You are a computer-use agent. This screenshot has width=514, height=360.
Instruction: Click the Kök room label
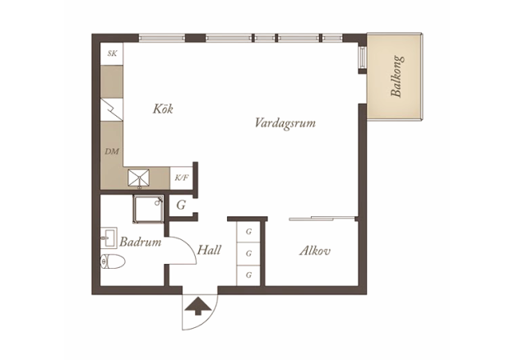[x=163, y=108]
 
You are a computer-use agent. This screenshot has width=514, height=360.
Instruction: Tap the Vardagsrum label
[x=285, y=123]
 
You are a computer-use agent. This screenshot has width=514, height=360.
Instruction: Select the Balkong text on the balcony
[x=396, y=76]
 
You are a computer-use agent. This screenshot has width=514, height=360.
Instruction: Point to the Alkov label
[x=315, y=251]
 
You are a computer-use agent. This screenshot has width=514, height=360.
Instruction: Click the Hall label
[x=209, y=250]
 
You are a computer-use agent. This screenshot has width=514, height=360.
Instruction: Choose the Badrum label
[x=141, y=242]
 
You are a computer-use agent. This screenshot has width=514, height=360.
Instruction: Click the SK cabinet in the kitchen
[x=112, y=53]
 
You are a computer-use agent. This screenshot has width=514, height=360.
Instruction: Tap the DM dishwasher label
[x=112, y=151]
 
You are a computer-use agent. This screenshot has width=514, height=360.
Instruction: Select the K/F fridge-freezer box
[x=181, y=178]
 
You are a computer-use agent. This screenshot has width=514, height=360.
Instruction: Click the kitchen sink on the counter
[x=139, y=178]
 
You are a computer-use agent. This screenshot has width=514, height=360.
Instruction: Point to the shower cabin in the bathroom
[x=148, y=209]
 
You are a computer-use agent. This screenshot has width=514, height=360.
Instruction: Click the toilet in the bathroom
[x=113, y=261]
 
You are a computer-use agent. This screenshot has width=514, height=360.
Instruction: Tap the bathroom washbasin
[x=109, y=238]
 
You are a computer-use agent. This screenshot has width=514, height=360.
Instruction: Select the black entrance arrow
[x=197, y=306]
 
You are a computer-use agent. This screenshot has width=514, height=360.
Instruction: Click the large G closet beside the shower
[x=181, y=205]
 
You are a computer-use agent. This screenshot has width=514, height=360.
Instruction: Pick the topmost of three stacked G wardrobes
[x=248, y=232]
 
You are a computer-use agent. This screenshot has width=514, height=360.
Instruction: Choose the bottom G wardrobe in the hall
[x=248, y=275]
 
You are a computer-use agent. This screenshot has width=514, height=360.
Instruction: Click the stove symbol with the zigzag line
[x=112, y=109]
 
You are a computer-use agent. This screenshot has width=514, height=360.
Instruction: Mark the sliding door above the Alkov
[x=322, y=218]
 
